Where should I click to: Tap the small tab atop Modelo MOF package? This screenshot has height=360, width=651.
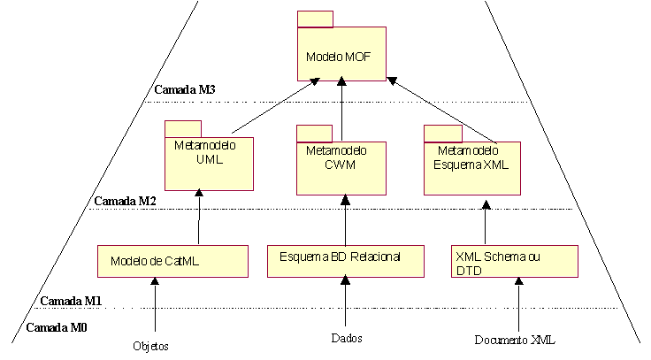click(315, 19)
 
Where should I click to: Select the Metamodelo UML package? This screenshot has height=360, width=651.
click(209, 163)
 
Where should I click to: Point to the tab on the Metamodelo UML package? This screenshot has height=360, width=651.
click(182, 129)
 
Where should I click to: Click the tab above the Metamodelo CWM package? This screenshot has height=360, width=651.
click(313, 134)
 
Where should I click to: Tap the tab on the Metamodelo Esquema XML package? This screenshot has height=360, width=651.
click(441, 134)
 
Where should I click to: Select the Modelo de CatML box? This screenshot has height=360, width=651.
click(172, 262)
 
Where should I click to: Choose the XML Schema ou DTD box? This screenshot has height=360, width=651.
click(514, 261)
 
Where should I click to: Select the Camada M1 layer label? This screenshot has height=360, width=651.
click(70, 301)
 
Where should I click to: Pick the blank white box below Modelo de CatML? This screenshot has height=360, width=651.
click(155, 332)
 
